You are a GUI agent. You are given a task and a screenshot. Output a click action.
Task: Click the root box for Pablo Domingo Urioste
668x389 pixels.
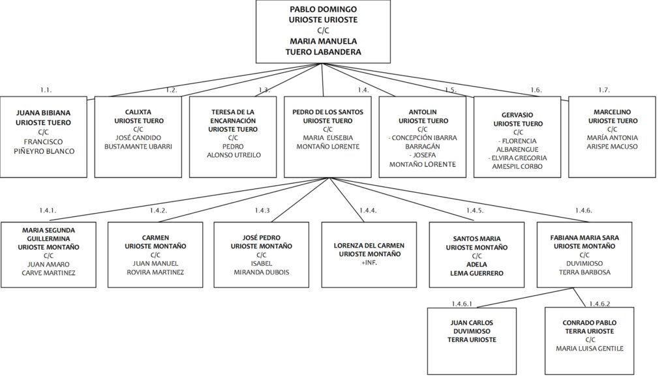coord(323,31)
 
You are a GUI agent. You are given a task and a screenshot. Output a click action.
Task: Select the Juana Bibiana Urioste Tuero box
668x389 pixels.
coord(44,137)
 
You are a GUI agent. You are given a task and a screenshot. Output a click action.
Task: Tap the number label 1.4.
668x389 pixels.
coord(363,90)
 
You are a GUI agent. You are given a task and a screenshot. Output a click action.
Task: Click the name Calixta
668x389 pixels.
coord(138,112)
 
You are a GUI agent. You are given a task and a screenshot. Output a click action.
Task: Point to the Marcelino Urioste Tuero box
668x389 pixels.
coord(612,137)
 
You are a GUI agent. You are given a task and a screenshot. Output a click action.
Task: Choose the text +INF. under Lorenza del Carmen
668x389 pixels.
coord(369,263)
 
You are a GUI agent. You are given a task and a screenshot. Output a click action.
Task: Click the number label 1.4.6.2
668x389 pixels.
coord(600,304)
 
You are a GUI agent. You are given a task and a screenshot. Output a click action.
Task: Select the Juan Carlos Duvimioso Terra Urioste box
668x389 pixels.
coord(472,341)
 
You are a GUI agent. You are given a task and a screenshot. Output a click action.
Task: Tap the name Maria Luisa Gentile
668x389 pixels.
coord(589,349)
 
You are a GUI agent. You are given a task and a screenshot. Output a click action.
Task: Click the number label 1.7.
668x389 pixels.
coord(603,90)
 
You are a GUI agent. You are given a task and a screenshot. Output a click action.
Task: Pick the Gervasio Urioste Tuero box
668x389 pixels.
coord(517,137)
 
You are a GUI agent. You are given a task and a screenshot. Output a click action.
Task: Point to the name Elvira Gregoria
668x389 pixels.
coord(517,158)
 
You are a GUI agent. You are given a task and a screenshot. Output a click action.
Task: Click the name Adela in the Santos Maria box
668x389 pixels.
coord(477,265)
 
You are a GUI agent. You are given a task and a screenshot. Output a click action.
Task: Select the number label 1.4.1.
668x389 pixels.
coord(48,210)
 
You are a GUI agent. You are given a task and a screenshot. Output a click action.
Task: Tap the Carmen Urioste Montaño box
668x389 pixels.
coord(155,255)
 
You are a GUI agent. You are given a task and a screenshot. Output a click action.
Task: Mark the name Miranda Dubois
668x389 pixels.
coord(262,272)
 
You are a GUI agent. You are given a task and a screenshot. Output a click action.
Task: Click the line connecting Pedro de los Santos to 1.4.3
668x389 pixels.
coord(300,200)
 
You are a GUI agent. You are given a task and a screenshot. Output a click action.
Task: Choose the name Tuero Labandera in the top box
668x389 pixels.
coord(324,52)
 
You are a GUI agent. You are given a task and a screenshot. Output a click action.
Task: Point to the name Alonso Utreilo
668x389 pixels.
coord(234,155)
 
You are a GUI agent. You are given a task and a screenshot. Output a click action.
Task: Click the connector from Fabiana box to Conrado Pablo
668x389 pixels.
coord(579,298)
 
